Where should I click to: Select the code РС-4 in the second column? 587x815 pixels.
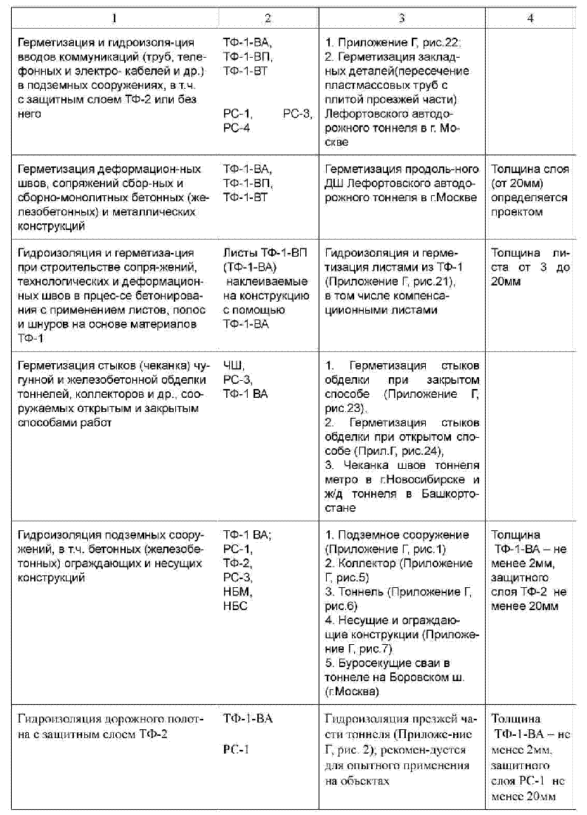237,128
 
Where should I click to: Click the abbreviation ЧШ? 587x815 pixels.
232,366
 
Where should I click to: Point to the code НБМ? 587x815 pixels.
236,592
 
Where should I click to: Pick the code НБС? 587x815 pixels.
235,606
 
